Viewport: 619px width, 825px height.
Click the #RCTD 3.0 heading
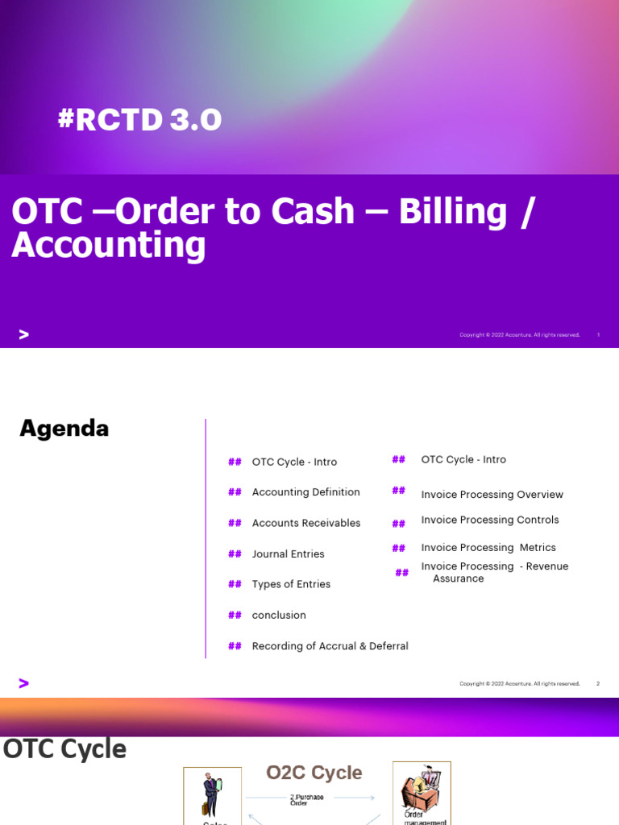click(139, 120)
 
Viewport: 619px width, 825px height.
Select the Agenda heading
click(64, 429)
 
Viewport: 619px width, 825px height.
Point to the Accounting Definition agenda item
click(305, 492)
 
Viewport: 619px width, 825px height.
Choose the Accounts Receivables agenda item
click(305, 523)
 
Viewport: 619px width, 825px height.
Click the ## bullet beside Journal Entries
click(235, 553)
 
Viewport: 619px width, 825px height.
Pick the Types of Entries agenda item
click(291, 584)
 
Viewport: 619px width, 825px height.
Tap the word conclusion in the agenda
click(279, 615)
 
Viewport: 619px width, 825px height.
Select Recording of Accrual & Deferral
click(330, 646)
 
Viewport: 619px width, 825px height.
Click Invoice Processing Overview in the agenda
click(492, 495)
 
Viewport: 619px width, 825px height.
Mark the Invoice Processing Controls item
click(489, 520)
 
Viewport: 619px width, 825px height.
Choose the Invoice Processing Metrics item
click(488, 548)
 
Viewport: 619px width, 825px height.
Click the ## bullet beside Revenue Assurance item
click(401, 573)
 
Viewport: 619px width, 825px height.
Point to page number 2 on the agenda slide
click(598, 684)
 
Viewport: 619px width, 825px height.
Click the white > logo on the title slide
click(23, 334)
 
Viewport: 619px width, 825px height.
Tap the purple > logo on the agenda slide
click(23, 683)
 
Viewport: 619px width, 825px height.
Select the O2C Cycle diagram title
click(314, 773)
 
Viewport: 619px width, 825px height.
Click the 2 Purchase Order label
click(307, 800)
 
